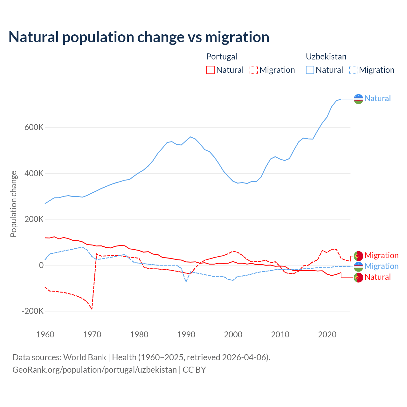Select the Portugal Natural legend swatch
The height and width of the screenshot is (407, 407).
(210, 70)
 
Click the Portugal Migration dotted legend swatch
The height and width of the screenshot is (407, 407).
(254, 70)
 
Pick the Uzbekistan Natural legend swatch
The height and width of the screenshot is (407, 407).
(310, 70)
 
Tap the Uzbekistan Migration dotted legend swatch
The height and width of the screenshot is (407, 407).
(353, 70)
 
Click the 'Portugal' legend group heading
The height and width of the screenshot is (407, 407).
(222, 57)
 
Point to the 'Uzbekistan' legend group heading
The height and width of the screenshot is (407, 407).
(326, 57)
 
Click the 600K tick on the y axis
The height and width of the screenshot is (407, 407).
(34, 128)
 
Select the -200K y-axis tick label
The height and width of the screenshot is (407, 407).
(32, 311)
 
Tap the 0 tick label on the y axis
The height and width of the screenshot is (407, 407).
(41, 265)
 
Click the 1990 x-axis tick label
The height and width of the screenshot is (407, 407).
(186, 335)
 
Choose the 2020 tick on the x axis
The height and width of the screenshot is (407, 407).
(327, 335)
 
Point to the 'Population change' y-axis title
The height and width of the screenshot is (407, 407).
(13, 204)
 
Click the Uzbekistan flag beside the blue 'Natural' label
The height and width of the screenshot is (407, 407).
(358, 99)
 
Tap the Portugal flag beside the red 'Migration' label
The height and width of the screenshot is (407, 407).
(358, 256)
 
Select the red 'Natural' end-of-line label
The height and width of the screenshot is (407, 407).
(377, 277)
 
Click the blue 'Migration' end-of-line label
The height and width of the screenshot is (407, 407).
(381, 266)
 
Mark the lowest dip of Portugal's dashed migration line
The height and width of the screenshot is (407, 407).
(92, 309)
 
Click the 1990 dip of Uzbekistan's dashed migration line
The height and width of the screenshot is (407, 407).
(186, 281)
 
